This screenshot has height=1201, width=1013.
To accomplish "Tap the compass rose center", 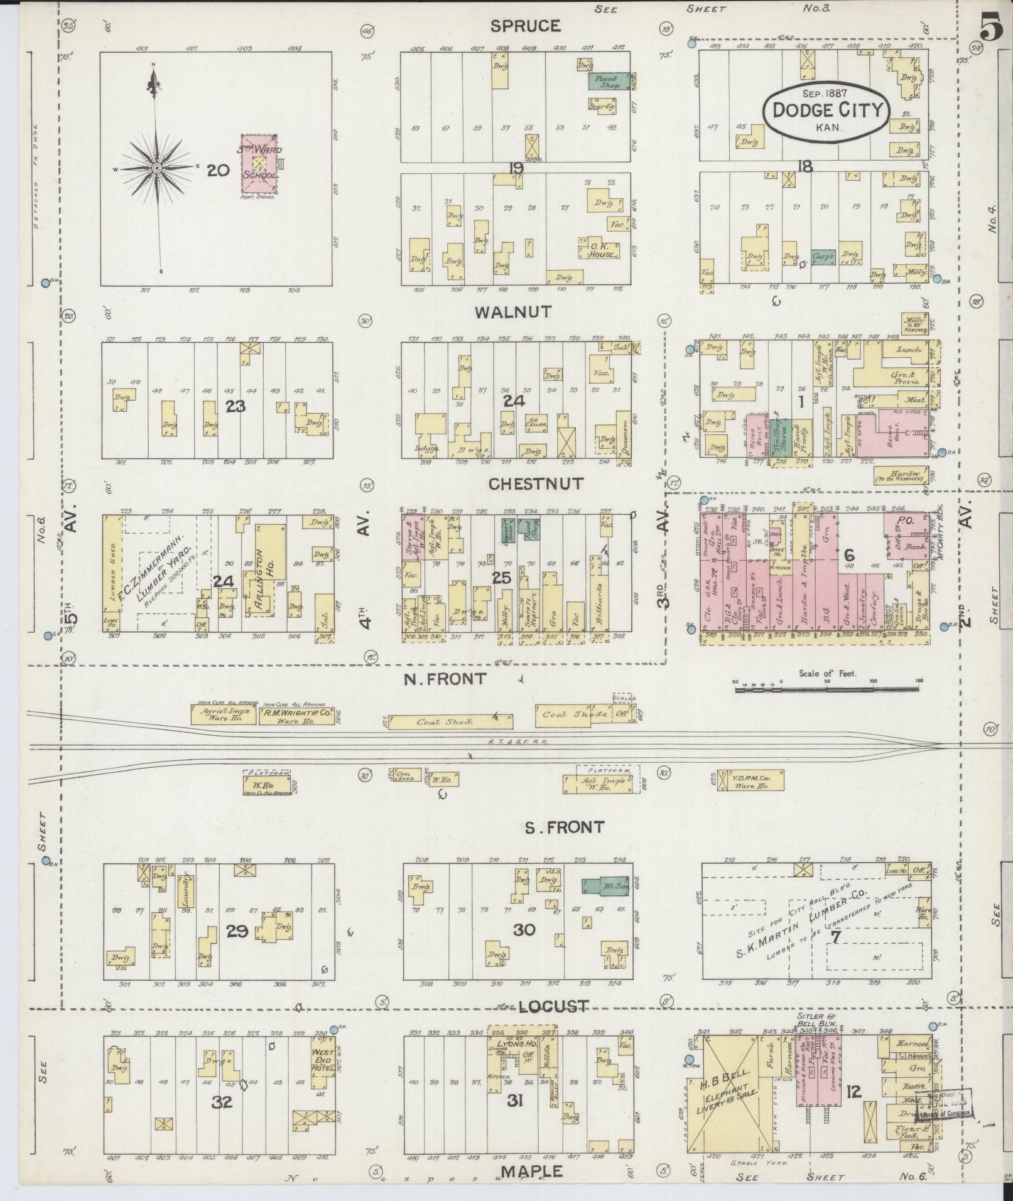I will (x=156, y=168).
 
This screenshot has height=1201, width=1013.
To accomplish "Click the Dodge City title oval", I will (x=828, y=111).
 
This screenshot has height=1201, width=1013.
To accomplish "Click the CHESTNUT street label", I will (x=536, y=484).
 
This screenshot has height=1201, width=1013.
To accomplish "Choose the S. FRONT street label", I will (x=564, y=827).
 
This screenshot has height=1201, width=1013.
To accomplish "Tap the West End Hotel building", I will (x=321, y=1062).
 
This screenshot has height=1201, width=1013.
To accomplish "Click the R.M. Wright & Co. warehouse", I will (x=298, y=716).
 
